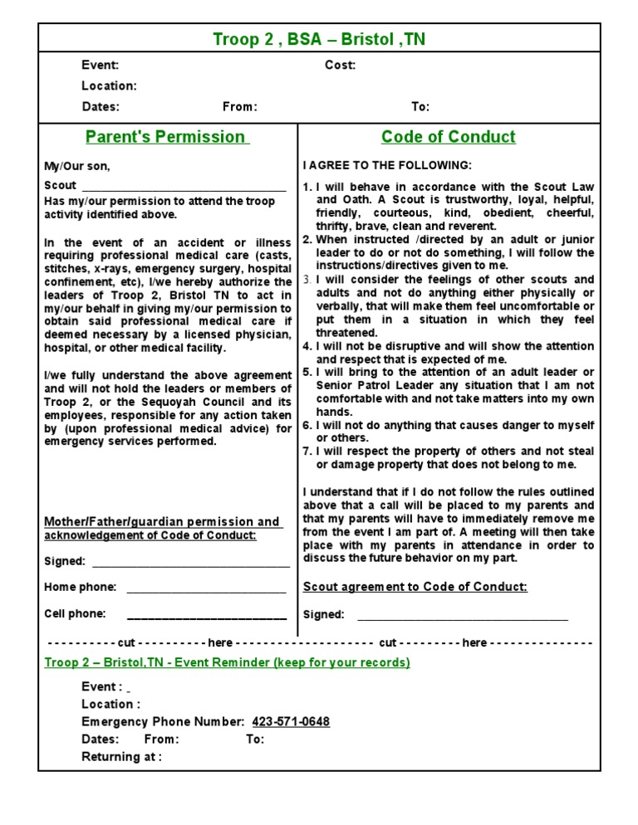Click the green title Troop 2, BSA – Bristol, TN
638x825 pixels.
pos(319,40)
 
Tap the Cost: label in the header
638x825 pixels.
pos(340,66)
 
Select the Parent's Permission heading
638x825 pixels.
pos(167,137)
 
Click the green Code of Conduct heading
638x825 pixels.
pos(448,137)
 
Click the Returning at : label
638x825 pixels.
pos(121,757)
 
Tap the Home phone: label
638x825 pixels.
pos(80,588)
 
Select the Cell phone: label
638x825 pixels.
pos(75,614)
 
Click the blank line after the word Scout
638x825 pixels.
pos(183,188)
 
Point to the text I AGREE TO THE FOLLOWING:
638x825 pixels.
pos(387,165)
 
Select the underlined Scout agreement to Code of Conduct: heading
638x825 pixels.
pos(415,588)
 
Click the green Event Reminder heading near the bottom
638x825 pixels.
pos(227,663)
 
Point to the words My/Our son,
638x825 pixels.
pos(76,166)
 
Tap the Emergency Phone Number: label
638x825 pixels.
pos(163,722)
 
